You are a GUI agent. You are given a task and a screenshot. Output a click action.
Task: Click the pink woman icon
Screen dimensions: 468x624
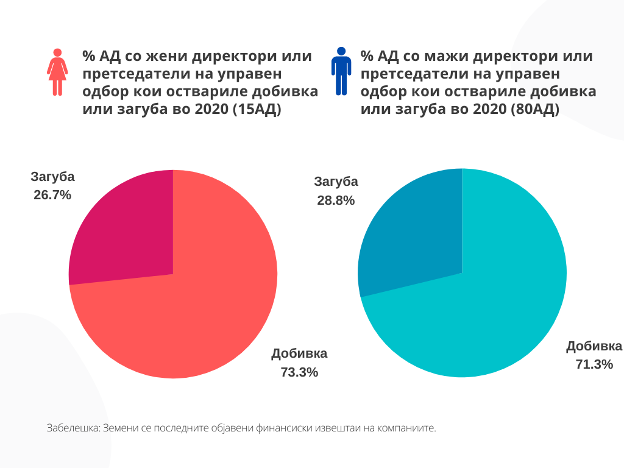coord(57,72)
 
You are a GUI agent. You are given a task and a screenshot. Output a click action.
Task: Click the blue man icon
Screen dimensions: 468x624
coord(341,71)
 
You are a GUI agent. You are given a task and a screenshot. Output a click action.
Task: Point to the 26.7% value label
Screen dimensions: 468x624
coord(52,195)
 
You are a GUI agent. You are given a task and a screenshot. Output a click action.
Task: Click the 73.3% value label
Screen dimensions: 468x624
coord(299,372)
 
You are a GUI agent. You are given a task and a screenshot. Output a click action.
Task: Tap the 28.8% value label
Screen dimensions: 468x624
coord(336,200)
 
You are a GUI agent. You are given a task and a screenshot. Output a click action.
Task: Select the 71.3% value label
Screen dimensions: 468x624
coord(594,364)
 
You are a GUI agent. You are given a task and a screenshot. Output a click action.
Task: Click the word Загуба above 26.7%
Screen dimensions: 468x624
coord(53,177)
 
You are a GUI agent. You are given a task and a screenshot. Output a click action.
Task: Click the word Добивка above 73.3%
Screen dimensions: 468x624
coord(299,353)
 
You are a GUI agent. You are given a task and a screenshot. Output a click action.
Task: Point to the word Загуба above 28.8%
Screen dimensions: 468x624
coord(336,182)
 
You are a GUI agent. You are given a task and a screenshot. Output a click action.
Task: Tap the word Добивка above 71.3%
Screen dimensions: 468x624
coord(594,346)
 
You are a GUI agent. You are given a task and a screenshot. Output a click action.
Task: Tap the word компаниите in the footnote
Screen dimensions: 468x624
coord(410,428)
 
